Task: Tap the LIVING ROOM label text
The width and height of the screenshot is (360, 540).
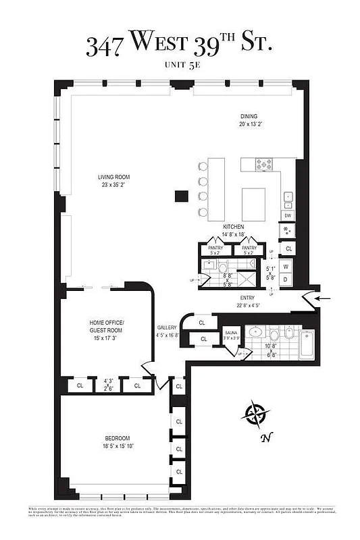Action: pyautogui.click(x=113, y=177)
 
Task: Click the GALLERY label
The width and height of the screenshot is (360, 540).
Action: pyautogui.click(x=167, y=327)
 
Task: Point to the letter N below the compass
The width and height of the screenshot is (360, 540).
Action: pyautogui.click(x=266, y=437)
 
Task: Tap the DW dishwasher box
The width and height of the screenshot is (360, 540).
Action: pyautogui.click(x=288, y=215)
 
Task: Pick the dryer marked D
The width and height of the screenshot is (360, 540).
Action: pyautogui.click(x=286, y=279)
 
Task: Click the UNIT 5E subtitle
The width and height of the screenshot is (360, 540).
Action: pyautogui.click(x=179, y=65)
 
